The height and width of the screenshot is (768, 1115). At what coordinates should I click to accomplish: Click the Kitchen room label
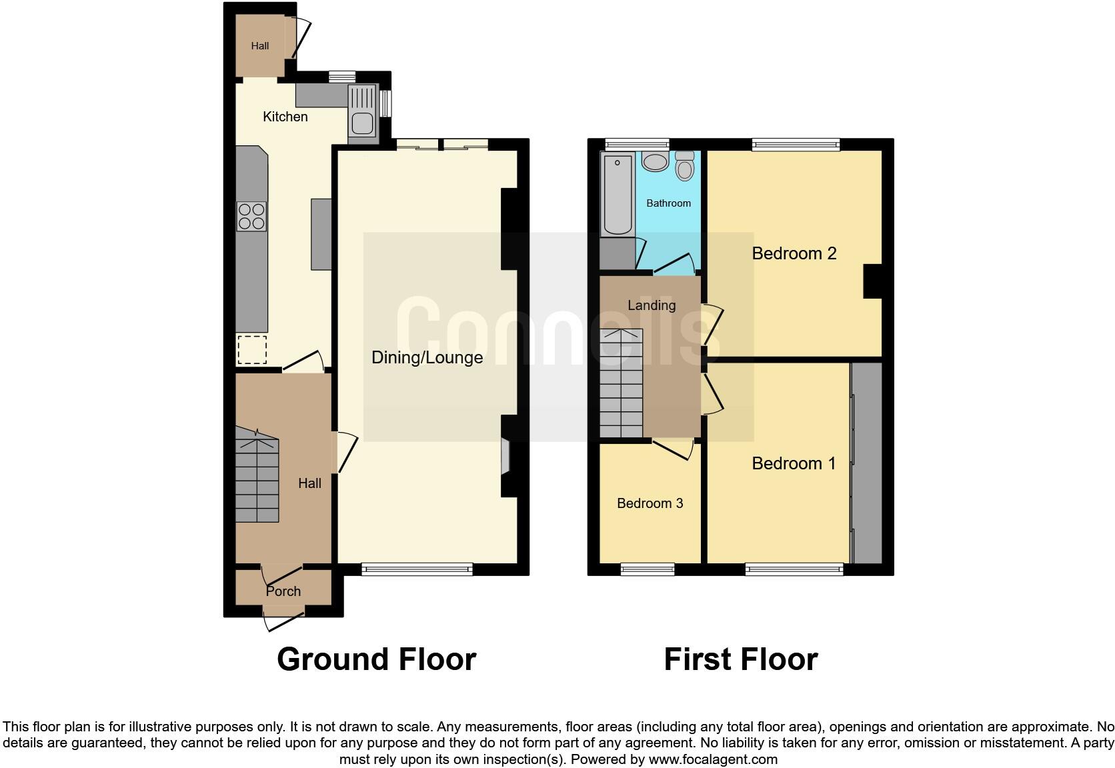pyautogui.click(x=285, y=117)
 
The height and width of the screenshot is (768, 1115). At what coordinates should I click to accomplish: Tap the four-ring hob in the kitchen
pyautogui.click(x=251, y=216)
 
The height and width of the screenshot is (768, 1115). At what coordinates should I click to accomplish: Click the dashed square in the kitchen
pyautogui.click(x=251, y=350)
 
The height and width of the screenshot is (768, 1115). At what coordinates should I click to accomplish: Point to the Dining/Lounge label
pyautogui.click(x=427, y=357)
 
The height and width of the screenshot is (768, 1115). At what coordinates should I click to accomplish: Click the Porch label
pyautogui.click(x=283, y=591)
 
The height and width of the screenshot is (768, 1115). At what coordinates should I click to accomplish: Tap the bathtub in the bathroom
pyautogui.click(x=617, y=194)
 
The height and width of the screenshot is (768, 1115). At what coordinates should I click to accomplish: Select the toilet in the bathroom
pyautogui.click(x=684, y=166)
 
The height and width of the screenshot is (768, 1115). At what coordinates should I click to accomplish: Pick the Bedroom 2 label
pyautogui.click(x=794, y=253)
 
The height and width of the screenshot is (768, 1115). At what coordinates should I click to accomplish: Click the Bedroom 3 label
pyautogui.click(x=650, y=503)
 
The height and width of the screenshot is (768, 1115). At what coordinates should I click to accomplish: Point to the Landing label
pyautogui.click(x=652, y=305)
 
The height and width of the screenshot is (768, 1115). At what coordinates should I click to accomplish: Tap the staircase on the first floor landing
pyautogui.click(x=622, y=383)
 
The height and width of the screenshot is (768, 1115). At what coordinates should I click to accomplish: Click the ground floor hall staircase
pyautogui.click(x=257, y=481)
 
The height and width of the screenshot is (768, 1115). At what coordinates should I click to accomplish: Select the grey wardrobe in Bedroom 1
pyautogui.click(x=867, y=463)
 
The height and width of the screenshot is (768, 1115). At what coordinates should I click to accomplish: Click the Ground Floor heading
pyautogui.click(x=376, y=659)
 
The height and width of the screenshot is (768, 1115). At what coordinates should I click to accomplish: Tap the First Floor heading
pyautogui.click(x=740, y=659)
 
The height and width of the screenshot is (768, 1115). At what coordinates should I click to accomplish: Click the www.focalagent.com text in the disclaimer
pyautogui.click(x=713, y=759)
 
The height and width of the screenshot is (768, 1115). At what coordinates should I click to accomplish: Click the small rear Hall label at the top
pyautogui.click(x=259, y=46)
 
